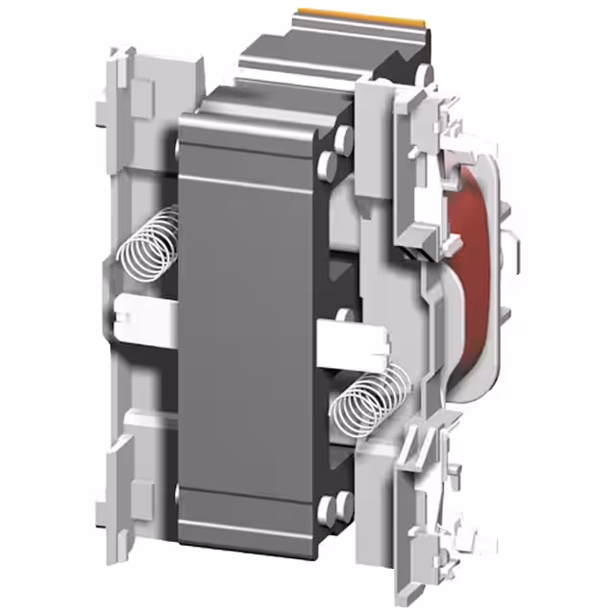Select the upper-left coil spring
pyautogui.click(x=149, y=248)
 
